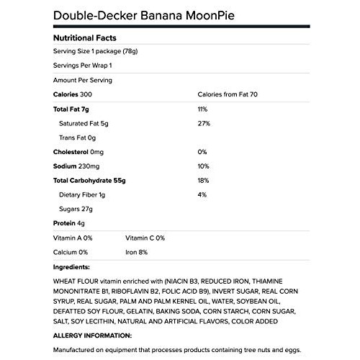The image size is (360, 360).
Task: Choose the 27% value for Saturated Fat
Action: tap(204, 123)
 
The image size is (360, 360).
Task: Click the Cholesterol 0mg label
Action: tap(79, 152)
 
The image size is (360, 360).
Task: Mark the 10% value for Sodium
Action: tap(204, 166)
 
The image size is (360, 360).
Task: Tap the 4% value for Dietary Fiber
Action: tap(202, 194)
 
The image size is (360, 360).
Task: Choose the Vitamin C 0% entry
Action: tap(145, 238)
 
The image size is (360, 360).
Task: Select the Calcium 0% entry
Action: tap(71, 252)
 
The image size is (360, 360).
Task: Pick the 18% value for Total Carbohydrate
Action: tap(204, 180)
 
